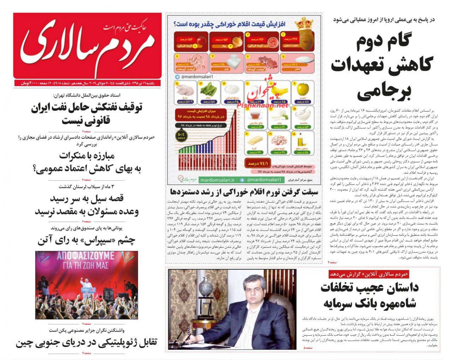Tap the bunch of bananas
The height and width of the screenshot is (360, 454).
(x=279, y=90)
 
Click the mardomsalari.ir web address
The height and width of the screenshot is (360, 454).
(x=217, y=179)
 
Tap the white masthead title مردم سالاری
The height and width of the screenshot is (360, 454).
(x=87, y=46)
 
